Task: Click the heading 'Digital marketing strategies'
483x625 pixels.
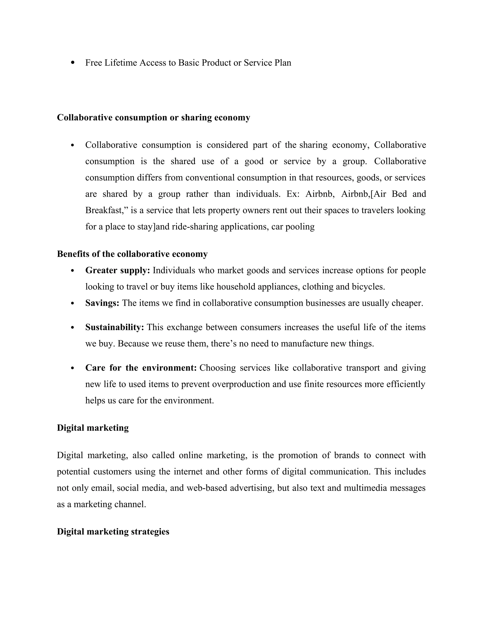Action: pyautogui.click(x=113, y=532)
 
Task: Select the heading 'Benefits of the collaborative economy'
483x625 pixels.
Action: pyautogui.click(x=132, y=254)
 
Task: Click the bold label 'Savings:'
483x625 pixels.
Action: pyautogui.click(x=102, y=303)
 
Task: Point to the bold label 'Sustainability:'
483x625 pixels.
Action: pyautogui.click(x=114, y=327)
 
